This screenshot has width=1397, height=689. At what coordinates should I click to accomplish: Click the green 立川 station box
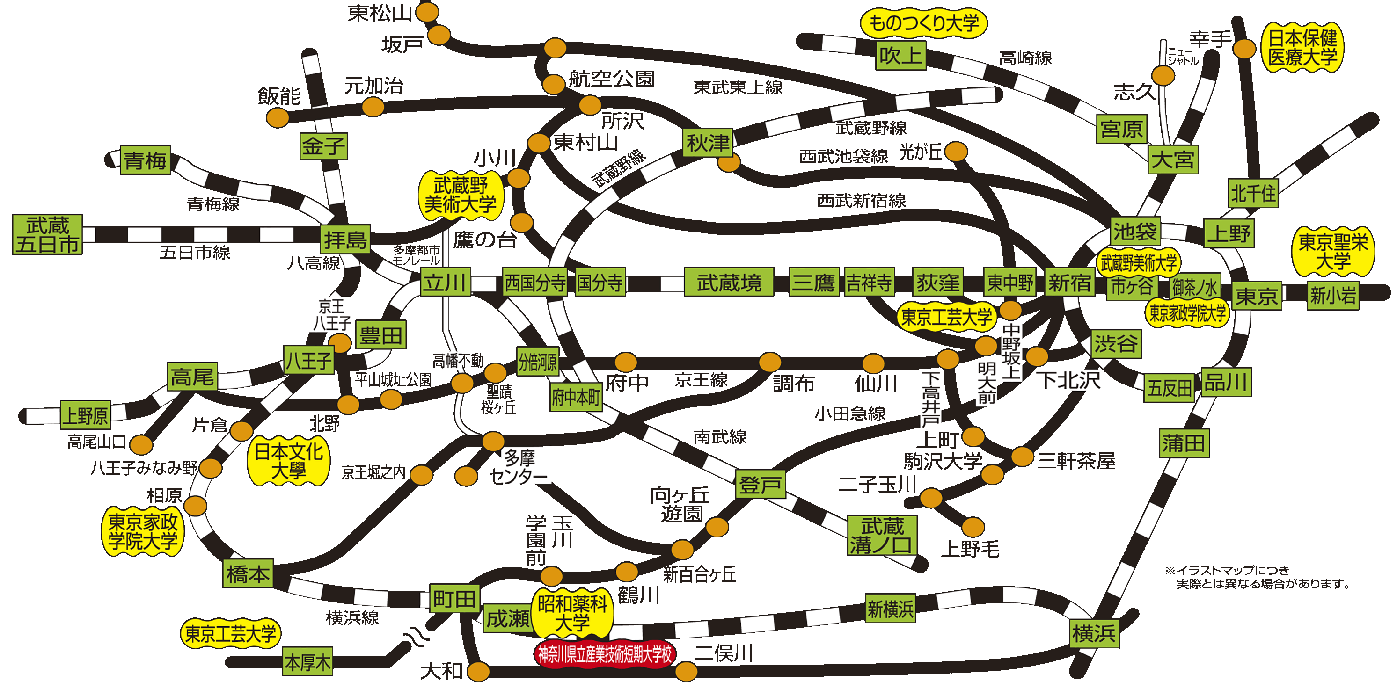point(445,282)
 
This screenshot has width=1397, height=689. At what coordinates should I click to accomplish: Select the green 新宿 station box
point(1069,283)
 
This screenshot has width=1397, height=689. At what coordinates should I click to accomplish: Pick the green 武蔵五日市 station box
point(48,234)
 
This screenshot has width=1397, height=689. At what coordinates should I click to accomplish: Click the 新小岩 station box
point(1333,296)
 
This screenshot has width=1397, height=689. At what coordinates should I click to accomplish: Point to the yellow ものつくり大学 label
point(923,23)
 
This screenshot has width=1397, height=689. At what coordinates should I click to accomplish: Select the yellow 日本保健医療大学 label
point(1302,48)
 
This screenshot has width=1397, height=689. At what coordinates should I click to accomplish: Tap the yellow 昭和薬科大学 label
point(573,613)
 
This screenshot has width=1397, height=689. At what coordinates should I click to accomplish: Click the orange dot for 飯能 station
point(278,117)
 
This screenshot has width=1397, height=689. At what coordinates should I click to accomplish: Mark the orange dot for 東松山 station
point(427,12)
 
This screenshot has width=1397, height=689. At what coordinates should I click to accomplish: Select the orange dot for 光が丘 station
point(956,152)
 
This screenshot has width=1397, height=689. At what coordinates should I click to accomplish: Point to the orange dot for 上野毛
point(973,526)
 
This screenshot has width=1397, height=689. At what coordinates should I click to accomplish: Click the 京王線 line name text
point(701,380)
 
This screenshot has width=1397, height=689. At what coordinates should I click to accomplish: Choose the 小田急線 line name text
point(850,413)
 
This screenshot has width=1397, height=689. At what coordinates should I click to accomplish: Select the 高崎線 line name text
point(1025,58)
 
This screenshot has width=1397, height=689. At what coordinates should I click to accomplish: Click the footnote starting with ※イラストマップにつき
point(1257,577)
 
